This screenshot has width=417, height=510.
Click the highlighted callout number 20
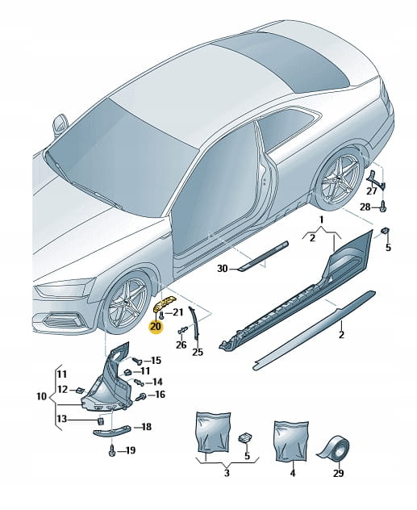click(x=156, y=326)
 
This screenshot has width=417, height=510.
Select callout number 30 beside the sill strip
click(x=223, y=269)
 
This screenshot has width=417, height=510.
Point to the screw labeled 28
click(x=383, y=207)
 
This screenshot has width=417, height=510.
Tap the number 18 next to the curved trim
click(x=146, y=427)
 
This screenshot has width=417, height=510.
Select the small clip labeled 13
click(x=101, y=421)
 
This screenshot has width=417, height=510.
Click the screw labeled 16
click(x=141, y=396)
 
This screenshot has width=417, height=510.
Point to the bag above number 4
click(x=291, y=441)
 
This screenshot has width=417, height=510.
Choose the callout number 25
click(x=198, y=353)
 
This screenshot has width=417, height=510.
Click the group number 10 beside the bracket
click(x=41, y=396)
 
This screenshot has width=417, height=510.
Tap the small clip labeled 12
click(x=80, y=390)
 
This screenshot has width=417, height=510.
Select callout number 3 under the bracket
click(x=227, y=473)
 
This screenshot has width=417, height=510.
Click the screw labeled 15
click(x=136, y=361)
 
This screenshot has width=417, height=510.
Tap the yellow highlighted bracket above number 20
click(x=164, y=303)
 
